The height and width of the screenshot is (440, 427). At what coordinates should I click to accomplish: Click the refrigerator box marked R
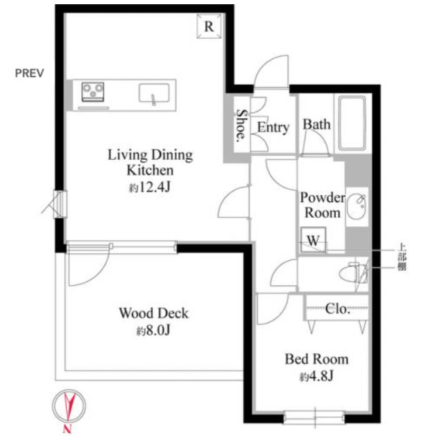(209, 26)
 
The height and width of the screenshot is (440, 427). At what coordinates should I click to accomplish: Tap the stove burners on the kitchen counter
(93, 92)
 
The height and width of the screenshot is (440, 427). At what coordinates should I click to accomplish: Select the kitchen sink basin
(154, 93)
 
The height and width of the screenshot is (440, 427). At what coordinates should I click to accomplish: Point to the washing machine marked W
(313, 240)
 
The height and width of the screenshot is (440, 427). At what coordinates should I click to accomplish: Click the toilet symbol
(352, 273)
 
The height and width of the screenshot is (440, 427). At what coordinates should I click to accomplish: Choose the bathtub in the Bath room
(352, 123)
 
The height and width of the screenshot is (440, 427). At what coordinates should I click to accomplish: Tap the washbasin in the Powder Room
(357, 207)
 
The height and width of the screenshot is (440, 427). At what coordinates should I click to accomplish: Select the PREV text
(30, 73)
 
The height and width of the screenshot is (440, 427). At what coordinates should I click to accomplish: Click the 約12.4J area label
(150, 187)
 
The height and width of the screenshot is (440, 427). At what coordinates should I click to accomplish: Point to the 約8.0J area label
(153, 331)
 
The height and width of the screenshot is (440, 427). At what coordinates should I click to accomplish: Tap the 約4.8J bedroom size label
(316, 376)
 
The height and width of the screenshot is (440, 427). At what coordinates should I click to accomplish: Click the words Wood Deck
(154, 313)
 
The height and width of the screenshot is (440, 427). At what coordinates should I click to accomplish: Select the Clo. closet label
(337, 309)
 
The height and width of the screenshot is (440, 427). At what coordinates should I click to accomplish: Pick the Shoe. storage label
(242, 125)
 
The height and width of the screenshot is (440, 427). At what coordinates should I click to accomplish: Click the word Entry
(273, 128)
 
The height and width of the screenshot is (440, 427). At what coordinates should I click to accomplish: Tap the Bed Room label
(316, 359)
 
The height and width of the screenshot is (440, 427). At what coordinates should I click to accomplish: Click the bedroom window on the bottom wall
(314, 418)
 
